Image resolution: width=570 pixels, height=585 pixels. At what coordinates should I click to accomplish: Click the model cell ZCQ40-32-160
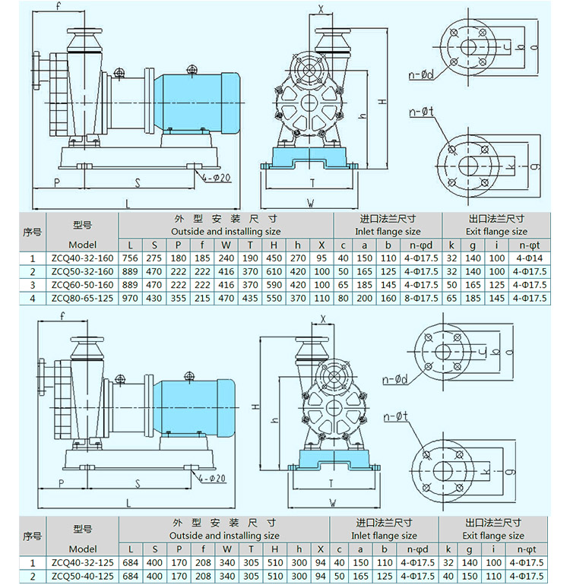(82, 258)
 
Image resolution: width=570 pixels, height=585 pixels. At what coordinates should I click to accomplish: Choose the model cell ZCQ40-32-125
(82, 564)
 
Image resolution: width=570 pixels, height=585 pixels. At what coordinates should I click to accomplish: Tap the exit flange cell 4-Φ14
(533, 258)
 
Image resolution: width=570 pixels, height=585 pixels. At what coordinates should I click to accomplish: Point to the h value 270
(298, 258)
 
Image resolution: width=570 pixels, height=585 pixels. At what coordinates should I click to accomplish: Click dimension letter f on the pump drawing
(59, 7)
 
